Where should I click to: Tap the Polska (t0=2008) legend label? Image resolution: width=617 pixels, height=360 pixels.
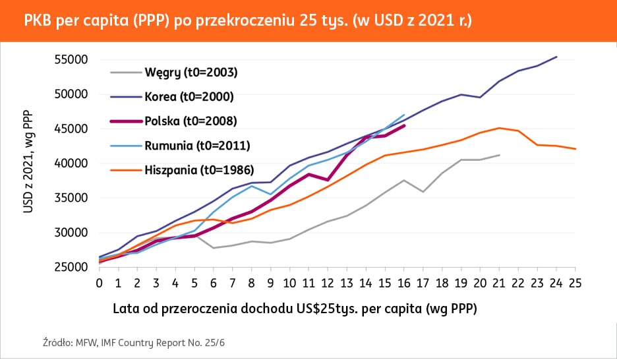(191, 121)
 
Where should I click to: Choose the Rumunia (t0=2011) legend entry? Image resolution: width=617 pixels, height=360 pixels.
(196, 145)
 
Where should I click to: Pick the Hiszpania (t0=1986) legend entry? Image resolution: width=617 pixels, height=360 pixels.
(200, 169)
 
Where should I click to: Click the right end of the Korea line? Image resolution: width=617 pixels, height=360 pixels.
(557, 57)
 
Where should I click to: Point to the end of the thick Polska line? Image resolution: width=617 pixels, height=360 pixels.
(403, 125)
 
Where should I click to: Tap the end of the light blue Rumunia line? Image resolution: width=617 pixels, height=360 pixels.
(403, 115)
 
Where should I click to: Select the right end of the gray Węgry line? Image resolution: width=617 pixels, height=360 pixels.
(500, 155)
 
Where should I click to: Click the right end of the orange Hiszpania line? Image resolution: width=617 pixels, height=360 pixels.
(575, 149)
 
